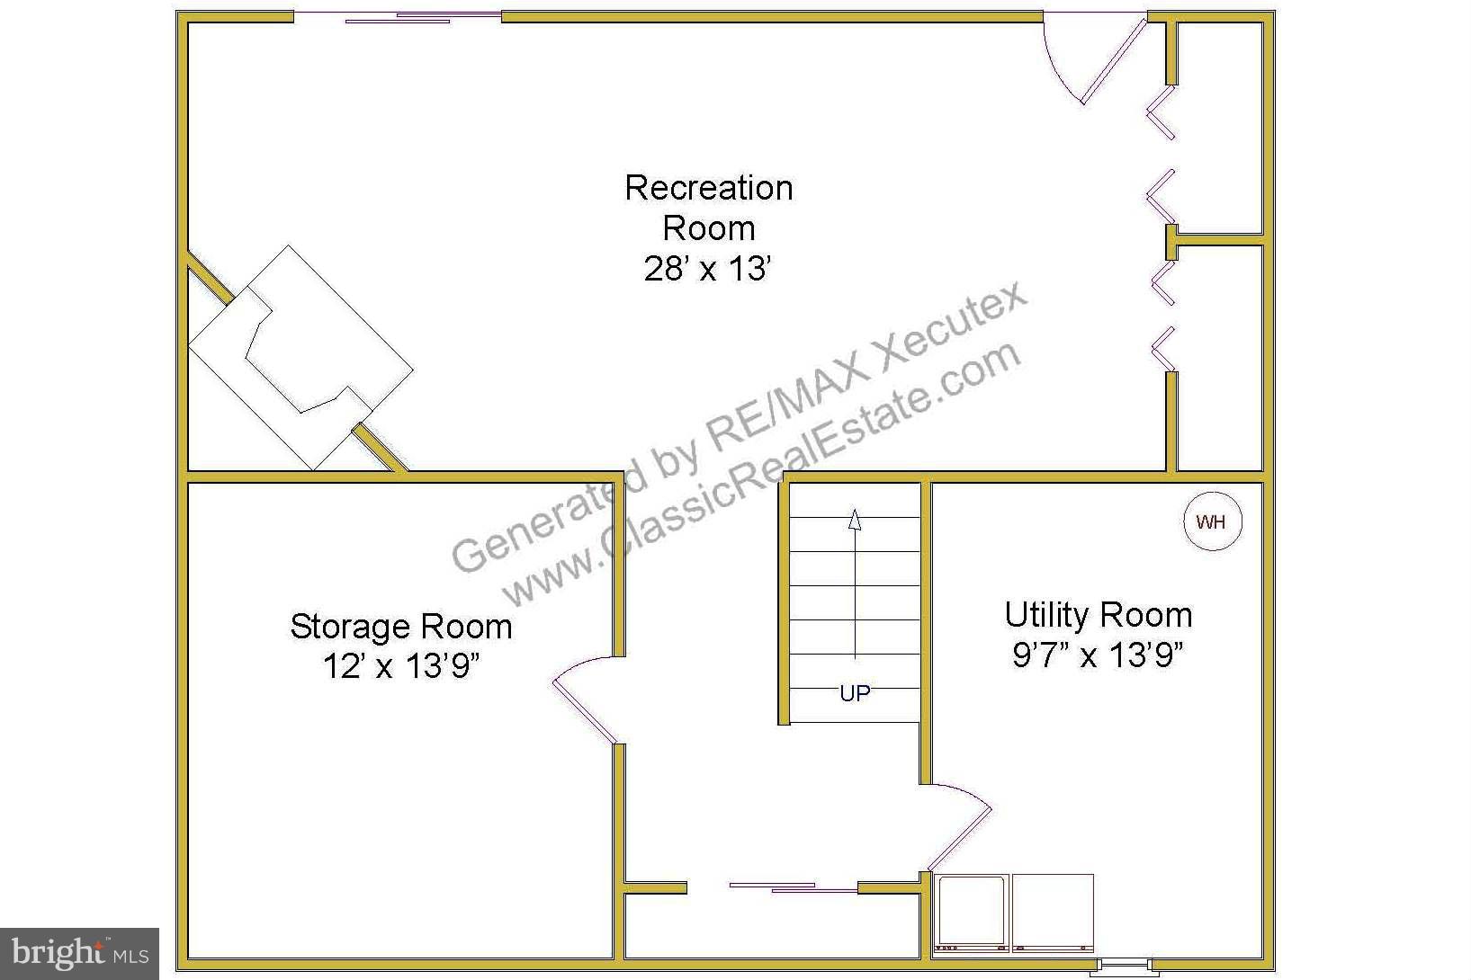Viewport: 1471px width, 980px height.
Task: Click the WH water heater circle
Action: click(1212, 521)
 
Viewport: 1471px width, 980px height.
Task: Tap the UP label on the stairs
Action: click(855, 693)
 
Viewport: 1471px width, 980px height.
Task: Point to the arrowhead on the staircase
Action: click(855, 520)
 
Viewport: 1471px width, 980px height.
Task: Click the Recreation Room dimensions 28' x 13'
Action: click(708, 269)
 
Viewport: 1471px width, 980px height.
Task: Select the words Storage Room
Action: click(401, 627)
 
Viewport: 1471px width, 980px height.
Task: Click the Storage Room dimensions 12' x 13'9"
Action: click(401, 666)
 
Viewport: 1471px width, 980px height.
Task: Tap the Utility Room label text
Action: click(1098, 615)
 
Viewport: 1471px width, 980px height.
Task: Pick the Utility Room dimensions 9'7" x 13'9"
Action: click(1098, 655)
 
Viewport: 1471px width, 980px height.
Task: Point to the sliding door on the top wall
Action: click(398, 17)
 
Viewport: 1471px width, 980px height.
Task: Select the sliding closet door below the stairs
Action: click(792, 887)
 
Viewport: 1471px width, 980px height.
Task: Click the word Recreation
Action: click(708, 188)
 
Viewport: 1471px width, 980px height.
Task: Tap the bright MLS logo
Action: click(79, 953)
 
